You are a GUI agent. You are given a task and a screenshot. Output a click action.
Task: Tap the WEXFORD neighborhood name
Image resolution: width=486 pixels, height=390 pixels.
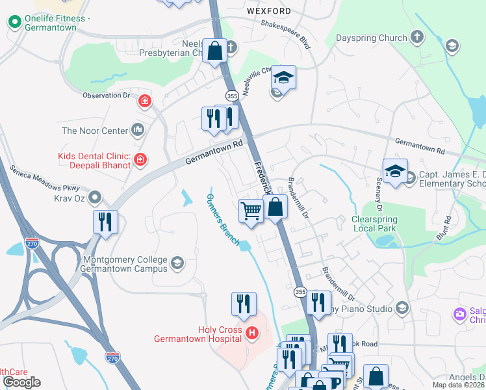pyautogui.click(x=269, y=11)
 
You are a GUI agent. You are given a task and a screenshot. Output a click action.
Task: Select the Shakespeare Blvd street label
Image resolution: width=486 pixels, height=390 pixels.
pyautogui.click(x=285, y=33)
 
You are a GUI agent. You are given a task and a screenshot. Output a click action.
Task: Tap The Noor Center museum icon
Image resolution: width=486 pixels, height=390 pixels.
pyautogui.click(x=137, y=131)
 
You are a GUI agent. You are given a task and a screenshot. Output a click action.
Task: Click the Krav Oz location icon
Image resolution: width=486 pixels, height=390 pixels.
pyautogui.click(x=96, y=196)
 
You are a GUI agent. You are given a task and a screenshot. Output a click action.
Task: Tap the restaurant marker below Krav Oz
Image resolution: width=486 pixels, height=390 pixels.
pyautogui.click(x=105, y=222)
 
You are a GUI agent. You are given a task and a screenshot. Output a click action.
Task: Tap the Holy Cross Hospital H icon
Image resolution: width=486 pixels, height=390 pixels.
pyautogui.click(x=252, y=334)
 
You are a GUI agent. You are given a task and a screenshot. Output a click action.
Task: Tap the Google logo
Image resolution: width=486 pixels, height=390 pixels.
pyautogui.click(x=21, y=382)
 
